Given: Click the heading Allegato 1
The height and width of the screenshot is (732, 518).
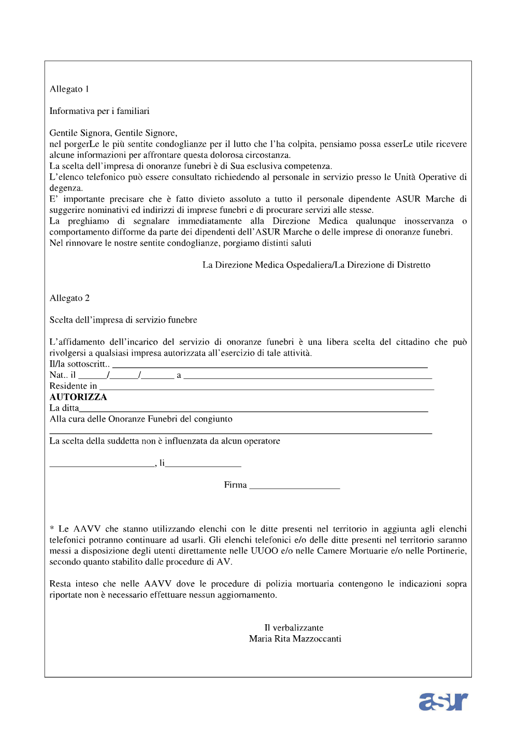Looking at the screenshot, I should coord(69,89).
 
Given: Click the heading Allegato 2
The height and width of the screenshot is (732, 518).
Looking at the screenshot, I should coord(69,298).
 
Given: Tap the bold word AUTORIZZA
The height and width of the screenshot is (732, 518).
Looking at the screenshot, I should coord(78,397).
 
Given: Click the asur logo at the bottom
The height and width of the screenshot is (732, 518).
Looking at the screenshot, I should coord(443,701).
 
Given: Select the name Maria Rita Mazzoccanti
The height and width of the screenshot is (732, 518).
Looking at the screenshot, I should coord(295,639).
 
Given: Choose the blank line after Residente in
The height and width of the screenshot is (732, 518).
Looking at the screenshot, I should coord(266,388).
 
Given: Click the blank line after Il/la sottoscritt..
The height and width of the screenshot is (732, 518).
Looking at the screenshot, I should coord(269,366).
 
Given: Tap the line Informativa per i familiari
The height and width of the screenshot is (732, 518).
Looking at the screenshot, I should coord(99,111).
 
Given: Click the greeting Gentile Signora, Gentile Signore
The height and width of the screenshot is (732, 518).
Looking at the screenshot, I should coord(113,133).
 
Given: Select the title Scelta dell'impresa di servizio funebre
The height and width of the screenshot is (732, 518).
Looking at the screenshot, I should coord(123,320).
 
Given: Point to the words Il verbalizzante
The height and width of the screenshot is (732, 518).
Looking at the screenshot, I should coord(294,628).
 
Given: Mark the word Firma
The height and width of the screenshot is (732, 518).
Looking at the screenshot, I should coord(235,485).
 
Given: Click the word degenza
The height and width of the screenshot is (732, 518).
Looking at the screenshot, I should coord(66,188).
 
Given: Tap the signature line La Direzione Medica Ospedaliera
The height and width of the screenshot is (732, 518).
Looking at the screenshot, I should coord(316,265).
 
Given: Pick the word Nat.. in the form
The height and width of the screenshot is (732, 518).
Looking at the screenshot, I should coord(59,375).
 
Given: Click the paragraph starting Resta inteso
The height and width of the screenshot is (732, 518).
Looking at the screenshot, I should coord(258,590).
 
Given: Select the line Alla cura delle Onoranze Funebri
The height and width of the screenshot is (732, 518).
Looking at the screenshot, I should coord(141,419).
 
